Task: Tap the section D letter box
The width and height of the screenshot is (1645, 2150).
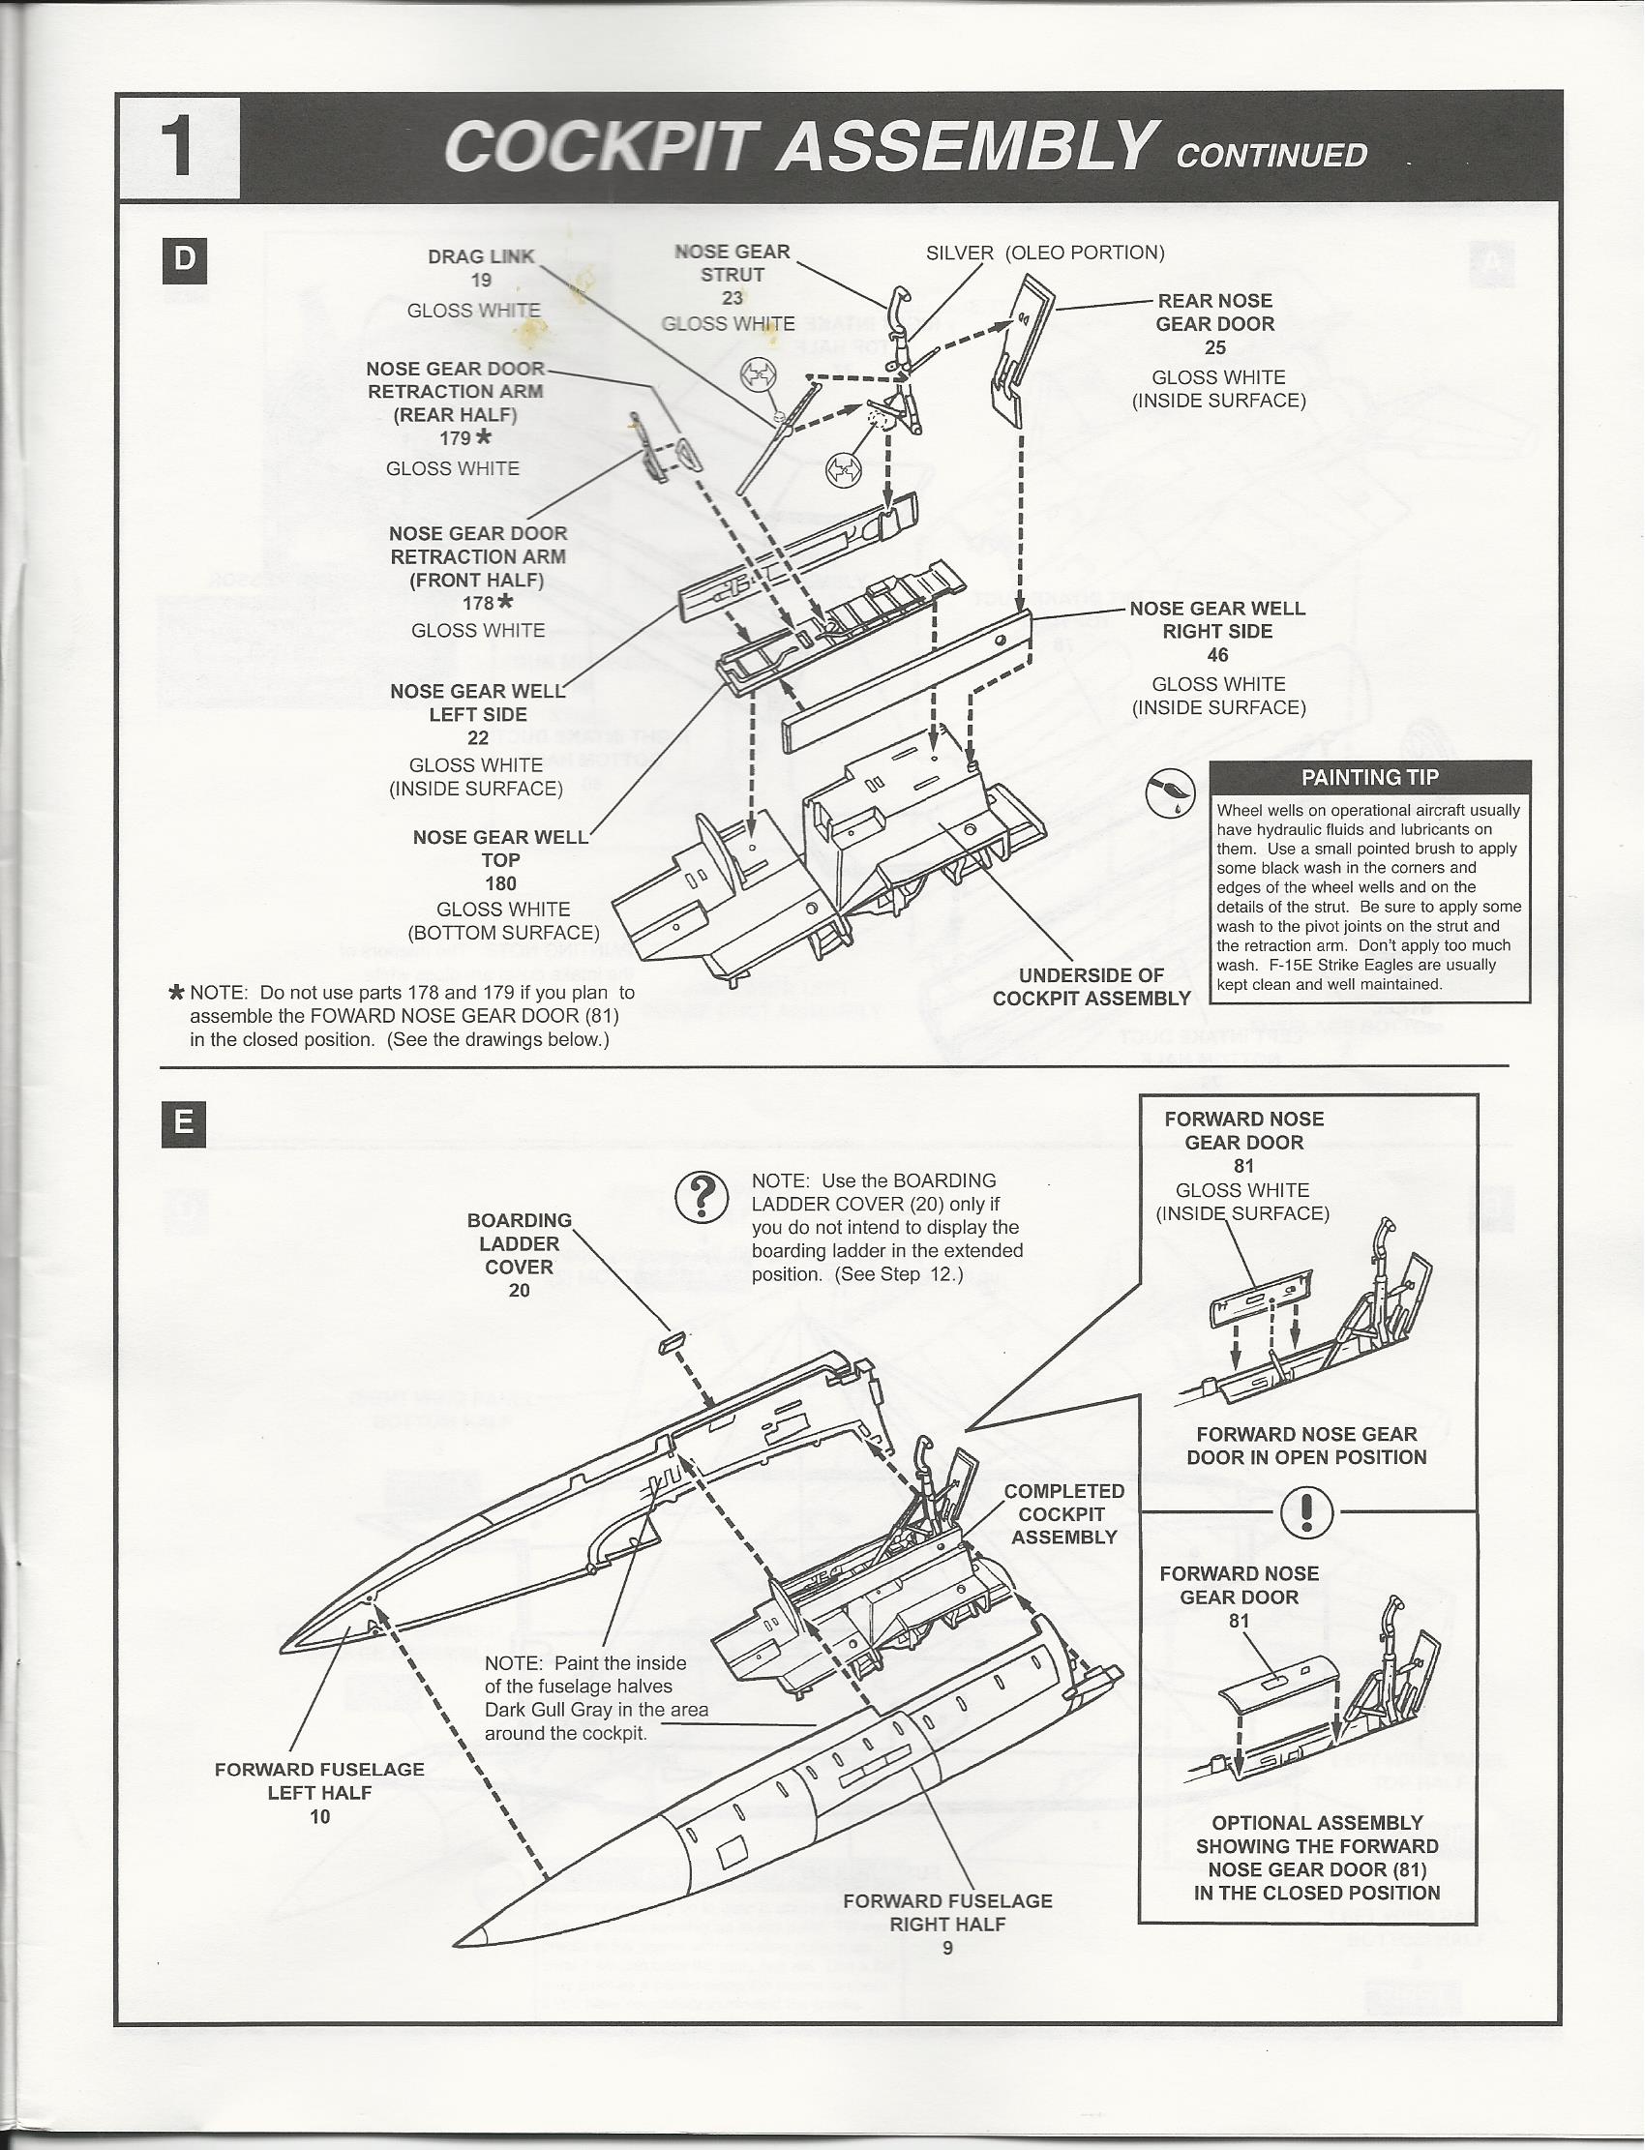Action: [184, 260]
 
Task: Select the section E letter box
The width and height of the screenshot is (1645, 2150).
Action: [184, 1123]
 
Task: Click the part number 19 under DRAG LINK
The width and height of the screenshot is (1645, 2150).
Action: [481, 280]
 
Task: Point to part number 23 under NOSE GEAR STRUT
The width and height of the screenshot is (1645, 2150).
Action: [733, 299]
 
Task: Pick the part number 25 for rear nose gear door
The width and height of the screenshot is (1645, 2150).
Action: [1215, 347]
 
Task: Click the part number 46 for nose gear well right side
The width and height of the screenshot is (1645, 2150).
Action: [1217, 655]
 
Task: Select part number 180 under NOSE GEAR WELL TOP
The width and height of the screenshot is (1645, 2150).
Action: [500, 883]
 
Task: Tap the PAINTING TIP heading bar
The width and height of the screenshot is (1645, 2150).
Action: [1369, 777]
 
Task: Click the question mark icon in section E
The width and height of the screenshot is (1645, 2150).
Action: [703, 1196]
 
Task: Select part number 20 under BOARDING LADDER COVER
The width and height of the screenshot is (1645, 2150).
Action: [519, 1291]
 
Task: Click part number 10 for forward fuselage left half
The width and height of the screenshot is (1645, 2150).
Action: [320, 1816]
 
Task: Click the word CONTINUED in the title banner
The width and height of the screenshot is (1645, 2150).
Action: [1271, 156]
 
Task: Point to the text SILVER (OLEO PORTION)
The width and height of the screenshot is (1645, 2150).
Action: [1045, 253]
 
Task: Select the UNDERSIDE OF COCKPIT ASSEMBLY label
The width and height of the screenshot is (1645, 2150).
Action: [1091, 987]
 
